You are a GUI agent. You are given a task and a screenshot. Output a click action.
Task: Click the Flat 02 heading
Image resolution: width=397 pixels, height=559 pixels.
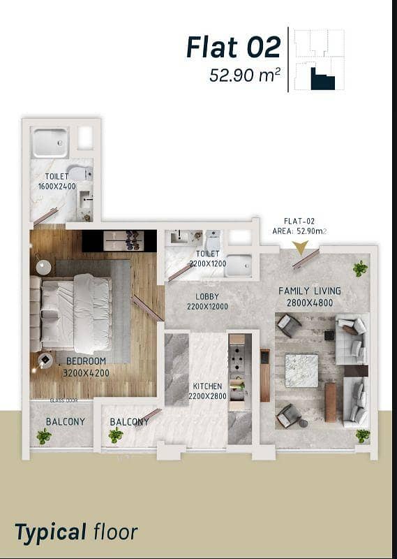234,47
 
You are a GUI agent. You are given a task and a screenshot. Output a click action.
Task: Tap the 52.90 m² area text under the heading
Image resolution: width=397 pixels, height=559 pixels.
245,75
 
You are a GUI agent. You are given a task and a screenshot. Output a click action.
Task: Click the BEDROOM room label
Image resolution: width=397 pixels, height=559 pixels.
86,361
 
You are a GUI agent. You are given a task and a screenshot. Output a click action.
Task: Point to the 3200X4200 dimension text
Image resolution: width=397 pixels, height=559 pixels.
86,373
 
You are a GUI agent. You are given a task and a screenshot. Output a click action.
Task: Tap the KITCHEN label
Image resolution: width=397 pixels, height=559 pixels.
208,386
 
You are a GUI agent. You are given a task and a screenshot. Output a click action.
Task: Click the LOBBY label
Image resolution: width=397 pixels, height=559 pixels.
207,296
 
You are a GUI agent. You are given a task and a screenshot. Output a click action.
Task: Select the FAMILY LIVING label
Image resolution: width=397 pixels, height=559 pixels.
309,291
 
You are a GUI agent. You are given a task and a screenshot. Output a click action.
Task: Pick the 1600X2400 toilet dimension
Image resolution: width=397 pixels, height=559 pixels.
57,186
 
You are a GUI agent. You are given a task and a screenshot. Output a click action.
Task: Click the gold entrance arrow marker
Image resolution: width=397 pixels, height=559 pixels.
300,247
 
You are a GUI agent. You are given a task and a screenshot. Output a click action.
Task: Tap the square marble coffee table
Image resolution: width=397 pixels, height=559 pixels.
301,371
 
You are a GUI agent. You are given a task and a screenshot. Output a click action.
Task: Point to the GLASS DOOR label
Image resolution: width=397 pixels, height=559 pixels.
63,400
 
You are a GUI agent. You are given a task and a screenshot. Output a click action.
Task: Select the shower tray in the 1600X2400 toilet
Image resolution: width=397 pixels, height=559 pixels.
50,143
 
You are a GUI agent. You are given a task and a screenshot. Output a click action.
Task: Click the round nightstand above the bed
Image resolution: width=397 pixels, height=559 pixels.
43,267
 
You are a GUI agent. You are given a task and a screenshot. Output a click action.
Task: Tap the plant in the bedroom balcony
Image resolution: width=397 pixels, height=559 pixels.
44,435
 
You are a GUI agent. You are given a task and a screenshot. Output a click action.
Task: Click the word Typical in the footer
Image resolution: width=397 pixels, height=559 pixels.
50,532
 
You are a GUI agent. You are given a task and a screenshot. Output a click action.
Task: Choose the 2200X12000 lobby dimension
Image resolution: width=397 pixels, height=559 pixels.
208,307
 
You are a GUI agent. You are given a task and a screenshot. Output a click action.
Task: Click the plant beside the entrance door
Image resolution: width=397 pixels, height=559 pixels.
360,268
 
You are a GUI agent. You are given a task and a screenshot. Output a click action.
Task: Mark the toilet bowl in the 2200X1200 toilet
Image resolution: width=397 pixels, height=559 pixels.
213,240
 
